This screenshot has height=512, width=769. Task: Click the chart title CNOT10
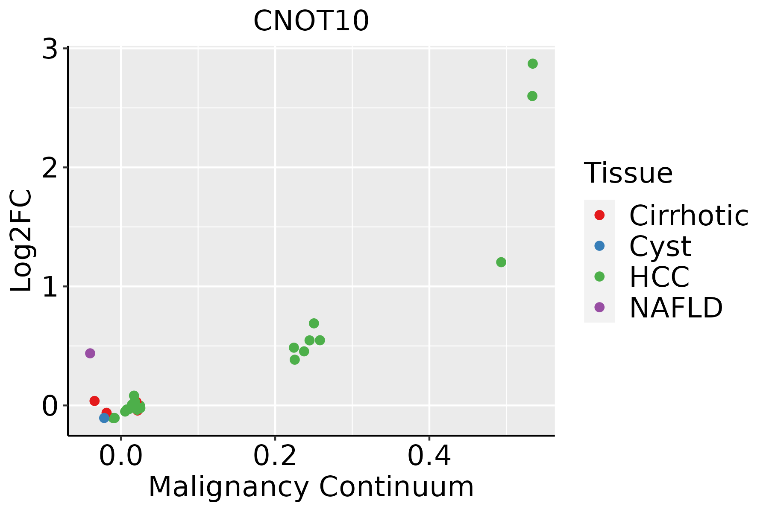click(x=311, y=21)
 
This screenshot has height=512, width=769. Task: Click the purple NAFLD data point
click(x=90, y=353)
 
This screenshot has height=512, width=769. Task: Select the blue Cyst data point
click(x=104, y=418)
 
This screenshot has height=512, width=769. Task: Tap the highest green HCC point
click(x=532, y=64)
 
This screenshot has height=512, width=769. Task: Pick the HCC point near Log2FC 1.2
click(x=501, y=262)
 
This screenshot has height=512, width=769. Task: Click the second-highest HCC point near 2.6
click(x=532, y=96)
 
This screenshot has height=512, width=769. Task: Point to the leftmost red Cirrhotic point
click(x=94, y=401)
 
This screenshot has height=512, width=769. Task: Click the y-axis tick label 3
click(x=50, y=49)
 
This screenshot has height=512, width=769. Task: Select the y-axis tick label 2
click(x=50, y=168)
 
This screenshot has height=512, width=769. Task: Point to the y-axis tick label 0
click(x=50, y=406)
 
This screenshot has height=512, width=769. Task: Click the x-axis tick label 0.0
click(x=120, y=457)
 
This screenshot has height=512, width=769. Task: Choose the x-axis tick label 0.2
click(x=275, y=457)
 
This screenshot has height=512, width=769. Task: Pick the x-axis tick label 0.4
click(x=429, y=457)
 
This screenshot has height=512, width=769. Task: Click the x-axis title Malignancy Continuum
click(x=311, y=487)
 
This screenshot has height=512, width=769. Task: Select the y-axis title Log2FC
click(x=21, y=241)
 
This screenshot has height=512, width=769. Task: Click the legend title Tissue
click(x=628, y=173)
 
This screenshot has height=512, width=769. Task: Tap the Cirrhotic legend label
click(x=689, y=215)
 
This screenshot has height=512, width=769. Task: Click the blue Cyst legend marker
click(x=599, y=246)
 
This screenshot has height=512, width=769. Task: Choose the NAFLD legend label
click(x=676, y=307)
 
